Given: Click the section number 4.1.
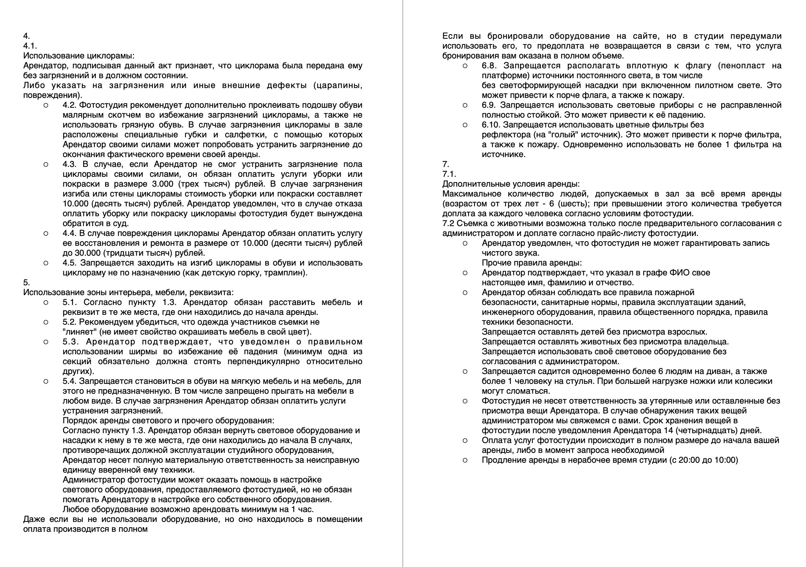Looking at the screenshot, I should pos(30,46).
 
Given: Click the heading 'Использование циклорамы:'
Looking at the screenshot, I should pos(79,56).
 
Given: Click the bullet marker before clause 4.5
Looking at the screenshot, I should pos(46,263).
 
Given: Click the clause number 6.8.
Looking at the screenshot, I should pos(490,66).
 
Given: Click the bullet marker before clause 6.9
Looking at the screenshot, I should pos(465,105).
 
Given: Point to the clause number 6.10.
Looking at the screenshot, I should pos(491,125).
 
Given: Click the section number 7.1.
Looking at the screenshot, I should pos(449,174).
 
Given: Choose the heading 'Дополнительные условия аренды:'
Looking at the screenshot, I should pos(511,184).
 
